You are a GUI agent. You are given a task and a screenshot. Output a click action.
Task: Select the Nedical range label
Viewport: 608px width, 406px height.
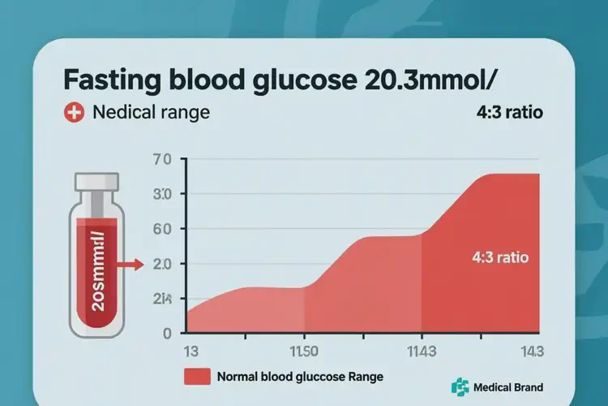coord(151,113)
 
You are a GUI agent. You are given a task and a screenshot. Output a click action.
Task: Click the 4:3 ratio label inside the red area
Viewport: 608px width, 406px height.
coord(499,258)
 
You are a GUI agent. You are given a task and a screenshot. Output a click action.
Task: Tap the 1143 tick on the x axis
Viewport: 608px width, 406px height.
coord(422,351)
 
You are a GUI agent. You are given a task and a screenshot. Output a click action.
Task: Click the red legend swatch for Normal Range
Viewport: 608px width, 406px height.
coord(197,377)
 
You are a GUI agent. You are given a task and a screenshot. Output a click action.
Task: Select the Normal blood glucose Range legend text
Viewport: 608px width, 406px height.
coord(300,377)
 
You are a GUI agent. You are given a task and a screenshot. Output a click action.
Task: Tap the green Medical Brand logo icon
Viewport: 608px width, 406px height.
coord(460,387)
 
